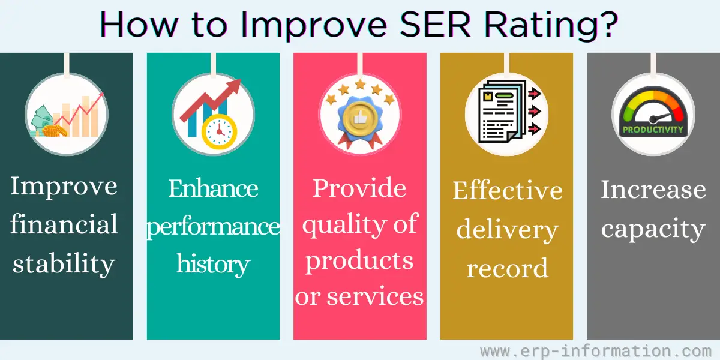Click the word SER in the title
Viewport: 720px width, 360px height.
[435, 25]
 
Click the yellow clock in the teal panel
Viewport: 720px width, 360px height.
[219, 132]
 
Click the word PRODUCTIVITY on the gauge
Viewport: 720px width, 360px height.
[653, 130]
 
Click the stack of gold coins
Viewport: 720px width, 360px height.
[54, 131]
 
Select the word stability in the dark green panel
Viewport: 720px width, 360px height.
[64, 264]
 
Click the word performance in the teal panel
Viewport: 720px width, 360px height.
[213, 227]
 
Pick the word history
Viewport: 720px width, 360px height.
[213, 264]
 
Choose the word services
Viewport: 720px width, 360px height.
[376, 296]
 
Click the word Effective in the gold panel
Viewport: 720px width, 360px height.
[508, 191]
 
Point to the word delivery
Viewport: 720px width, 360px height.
[508, 230]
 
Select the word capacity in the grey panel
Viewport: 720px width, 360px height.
[653, 229]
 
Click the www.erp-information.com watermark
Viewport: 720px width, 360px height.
[596, 351]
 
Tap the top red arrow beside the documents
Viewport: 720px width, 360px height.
[535, 94]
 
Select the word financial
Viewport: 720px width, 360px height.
[64, 224]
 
